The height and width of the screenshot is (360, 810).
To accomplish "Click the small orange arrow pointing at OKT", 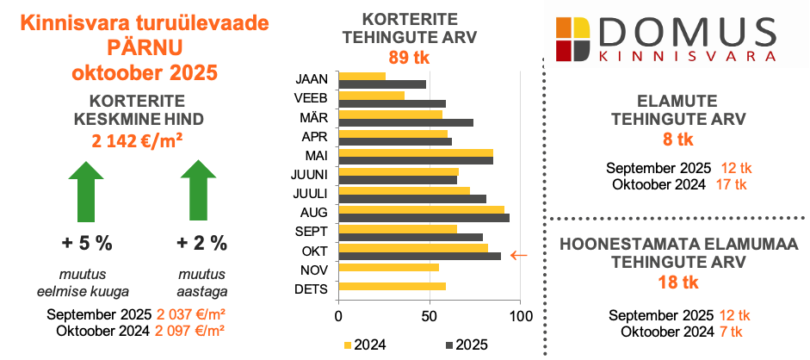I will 518,255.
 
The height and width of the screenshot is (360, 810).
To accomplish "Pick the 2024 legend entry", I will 365,345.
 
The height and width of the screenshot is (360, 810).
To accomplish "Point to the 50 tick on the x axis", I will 429,316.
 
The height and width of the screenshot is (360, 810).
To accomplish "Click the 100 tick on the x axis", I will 519,316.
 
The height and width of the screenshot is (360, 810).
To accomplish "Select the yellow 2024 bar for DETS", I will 393,286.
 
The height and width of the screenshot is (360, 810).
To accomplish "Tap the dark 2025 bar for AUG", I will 424,218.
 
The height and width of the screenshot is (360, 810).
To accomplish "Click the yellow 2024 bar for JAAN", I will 362,77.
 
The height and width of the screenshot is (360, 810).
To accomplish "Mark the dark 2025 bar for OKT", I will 419,256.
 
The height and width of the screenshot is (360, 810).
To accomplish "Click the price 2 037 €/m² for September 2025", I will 190,314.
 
